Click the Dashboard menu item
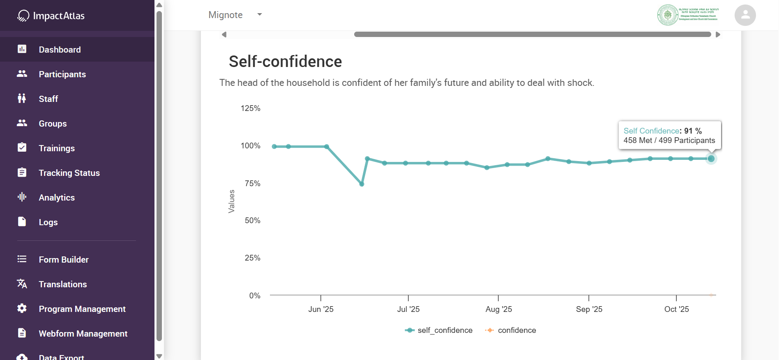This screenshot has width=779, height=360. coord(60,50)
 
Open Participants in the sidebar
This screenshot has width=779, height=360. coord(62,74)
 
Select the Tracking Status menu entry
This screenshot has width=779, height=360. coord(69,173)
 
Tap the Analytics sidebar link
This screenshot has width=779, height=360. coord(57,198)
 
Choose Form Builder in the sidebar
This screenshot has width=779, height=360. coord(64,260)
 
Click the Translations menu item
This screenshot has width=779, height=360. coord(63,284)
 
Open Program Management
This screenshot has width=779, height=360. coord(82,309)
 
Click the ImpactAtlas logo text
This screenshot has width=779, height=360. coord(58,16)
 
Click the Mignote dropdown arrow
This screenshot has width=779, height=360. coord(260,14)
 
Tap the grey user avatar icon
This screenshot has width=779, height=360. coord(745,15)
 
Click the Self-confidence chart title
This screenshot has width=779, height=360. coord(285,62)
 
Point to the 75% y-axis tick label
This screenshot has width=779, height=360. coord(252,183)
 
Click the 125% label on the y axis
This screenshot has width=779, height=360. coord(250,108)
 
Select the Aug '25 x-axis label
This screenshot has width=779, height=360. coord(498,309)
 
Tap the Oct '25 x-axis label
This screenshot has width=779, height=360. coord(676,309)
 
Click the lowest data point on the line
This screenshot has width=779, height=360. coord(362,184)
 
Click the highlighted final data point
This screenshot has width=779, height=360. coord(711,159)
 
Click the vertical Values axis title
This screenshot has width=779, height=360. coord(231,201)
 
